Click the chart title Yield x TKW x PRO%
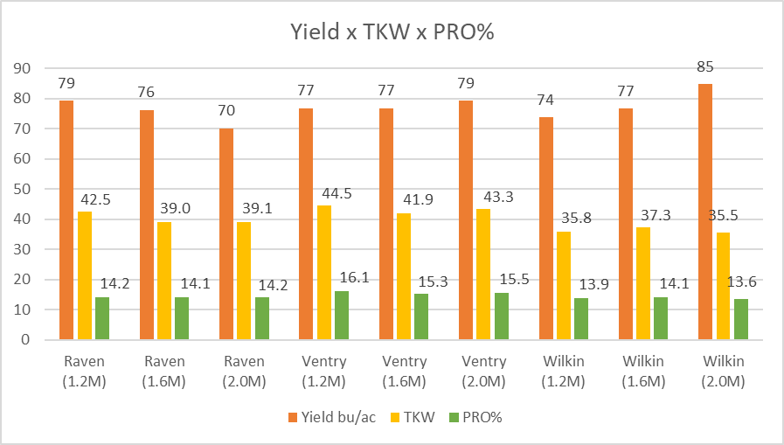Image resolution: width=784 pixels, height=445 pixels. click(x=391, y=33)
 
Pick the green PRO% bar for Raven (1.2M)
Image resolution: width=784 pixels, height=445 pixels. click(x=102, y=318)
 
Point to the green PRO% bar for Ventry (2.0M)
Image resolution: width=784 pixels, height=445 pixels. click(x=501, y=316)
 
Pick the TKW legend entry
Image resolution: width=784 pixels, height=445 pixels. click(x=419, y=417)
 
